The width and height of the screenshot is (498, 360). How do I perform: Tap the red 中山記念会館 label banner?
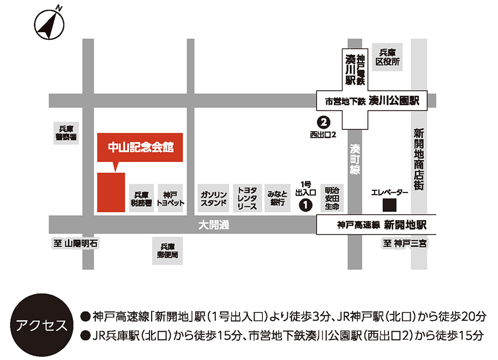pos(139,148)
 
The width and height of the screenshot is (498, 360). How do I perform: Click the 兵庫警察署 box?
pos(66,133)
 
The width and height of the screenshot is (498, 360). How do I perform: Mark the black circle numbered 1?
pos(304,205)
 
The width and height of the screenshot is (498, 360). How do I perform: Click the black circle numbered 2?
pos(323,121)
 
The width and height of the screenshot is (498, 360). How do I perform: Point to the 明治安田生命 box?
pos(332,198)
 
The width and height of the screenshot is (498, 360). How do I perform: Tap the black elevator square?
pos(390,205)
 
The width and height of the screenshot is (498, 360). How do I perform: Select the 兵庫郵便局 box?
pos(168,252)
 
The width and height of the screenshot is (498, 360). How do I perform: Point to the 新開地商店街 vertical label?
pos(418,159)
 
